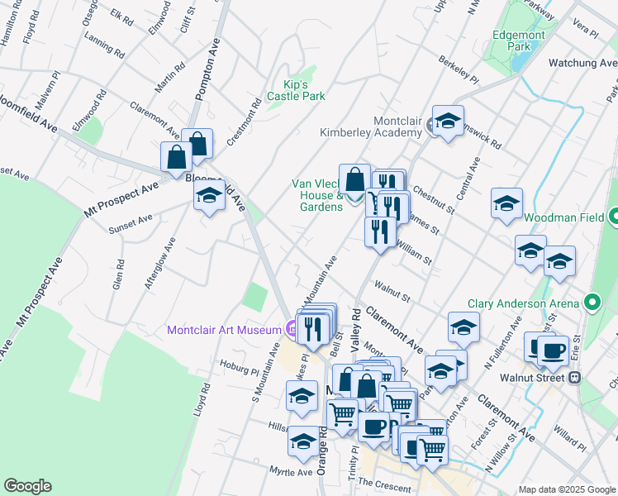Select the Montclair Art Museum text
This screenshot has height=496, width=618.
[224, 330]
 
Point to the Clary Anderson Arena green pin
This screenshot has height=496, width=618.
[592, 303]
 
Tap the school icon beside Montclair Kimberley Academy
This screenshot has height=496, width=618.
[448, 122]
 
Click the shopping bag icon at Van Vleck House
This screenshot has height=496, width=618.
[354, 180]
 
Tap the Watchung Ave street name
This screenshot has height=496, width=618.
[582, 62]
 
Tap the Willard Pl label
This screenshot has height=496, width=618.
[570, 433]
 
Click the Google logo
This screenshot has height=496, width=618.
[27, 486]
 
